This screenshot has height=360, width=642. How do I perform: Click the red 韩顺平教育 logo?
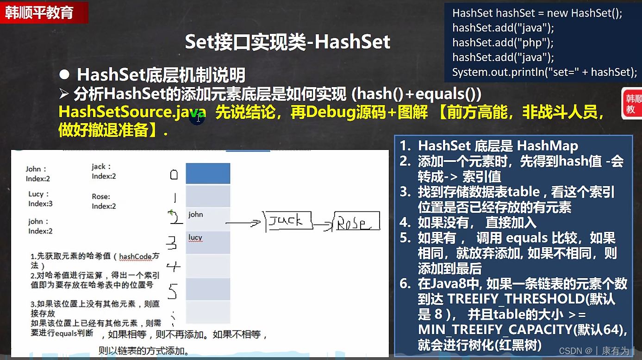tap(44, 12)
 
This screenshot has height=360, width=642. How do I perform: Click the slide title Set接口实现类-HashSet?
tap(287, 42)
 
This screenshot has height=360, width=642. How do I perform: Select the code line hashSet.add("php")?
tap(503, 43)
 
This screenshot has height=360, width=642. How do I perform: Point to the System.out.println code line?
tap(544, 72)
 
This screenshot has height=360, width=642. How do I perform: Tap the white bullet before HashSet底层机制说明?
tap(64, 74)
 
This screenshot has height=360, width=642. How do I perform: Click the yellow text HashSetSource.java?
tap(132, 112)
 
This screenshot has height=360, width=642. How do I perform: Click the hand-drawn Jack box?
tap(288, 221)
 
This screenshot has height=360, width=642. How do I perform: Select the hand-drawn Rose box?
tap(356, 221)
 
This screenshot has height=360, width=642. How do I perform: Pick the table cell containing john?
tap(208, 219)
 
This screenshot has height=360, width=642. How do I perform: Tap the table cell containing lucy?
tap(208, 242)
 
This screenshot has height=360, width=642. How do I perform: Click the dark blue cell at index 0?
tap(208, 174)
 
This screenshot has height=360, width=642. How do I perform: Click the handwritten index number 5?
tap(173, 291)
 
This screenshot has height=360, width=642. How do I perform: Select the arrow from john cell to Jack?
tap(243, 223)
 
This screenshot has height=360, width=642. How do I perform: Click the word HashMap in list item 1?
tap(548, 146)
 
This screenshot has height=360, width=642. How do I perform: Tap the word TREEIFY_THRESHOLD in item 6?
tap(516, 299)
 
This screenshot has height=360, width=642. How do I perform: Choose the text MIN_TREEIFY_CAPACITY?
tap(495, 329)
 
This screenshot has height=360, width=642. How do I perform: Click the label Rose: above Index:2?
tap(101, 197)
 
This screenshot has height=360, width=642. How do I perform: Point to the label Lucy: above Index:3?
tap(38, 194)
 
